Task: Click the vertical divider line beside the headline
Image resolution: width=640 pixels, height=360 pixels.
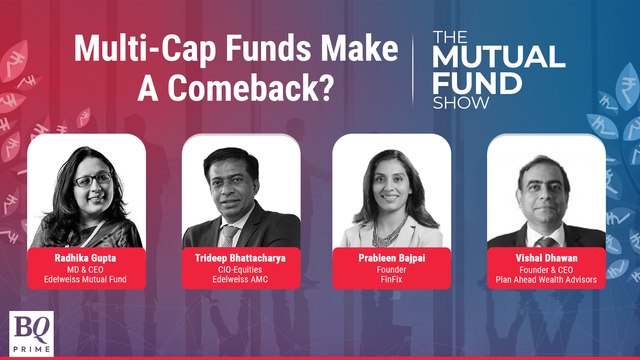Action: click(x=412, y=65)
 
